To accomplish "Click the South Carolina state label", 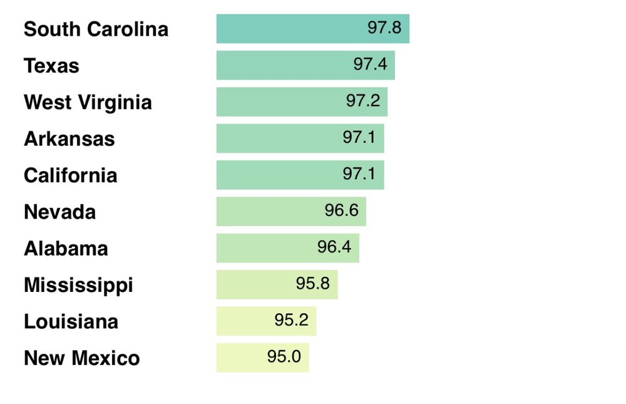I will tap(96, 29).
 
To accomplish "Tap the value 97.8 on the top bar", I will tap(384, 28).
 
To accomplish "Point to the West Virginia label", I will tap(88, 102).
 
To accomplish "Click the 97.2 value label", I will tap(362, 101).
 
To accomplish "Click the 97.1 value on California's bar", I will tap(359, 174).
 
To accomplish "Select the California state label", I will tap(70, 175).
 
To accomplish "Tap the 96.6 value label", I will tap(341, 210).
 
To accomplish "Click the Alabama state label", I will tap(66, 249).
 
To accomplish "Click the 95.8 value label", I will tap(312, 283).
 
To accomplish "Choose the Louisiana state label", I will tap(71, 322).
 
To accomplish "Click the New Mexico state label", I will tap(81, 358).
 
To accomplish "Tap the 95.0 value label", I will tap(284, 356).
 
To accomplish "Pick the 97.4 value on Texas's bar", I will tap(370, 64).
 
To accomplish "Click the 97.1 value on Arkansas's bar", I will tap(359, 137).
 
